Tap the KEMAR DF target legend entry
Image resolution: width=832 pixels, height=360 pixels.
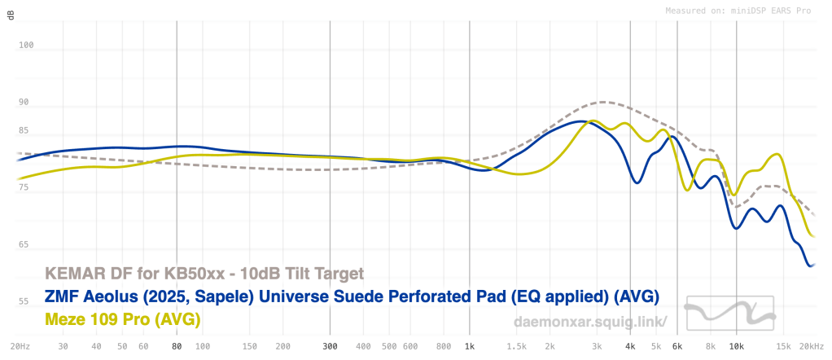(x=204, y=273)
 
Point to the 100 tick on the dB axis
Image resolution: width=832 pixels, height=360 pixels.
(x=26, y=46)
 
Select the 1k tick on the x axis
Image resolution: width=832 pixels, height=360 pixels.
(x=469, y=346)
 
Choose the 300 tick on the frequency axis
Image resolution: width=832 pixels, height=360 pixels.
(x=329, y=346)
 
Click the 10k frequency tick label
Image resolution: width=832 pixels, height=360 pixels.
(x=736, y=346)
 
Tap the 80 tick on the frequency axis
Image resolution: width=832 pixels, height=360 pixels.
(x=177, y=346)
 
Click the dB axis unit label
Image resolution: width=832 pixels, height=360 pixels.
(x=11, y=15)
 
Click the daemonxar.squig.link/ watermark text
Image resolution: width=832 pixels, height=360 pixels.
(x=591, y=322)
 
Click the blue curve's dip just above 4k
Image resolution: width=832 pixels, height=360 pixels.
(x=637, y=182)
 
